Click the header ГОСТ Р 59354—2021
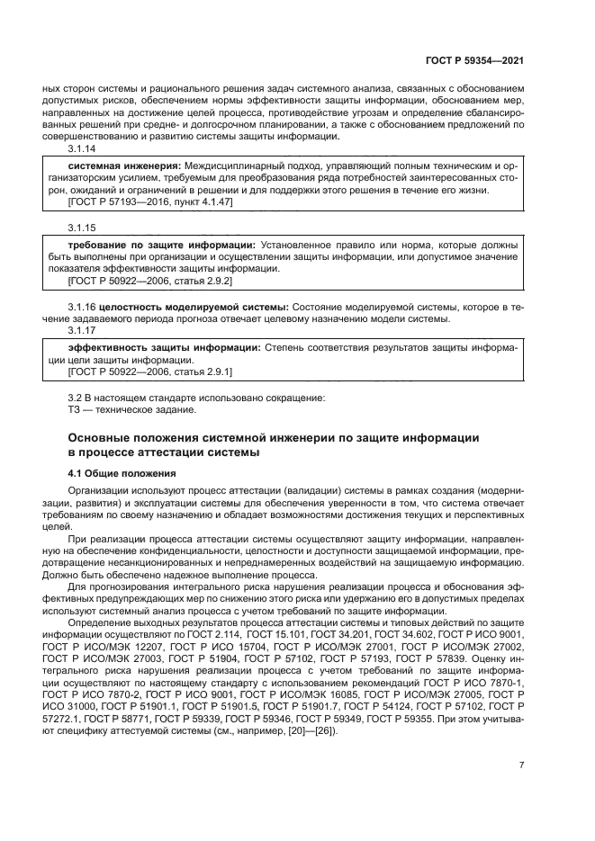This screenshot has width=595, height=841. (475, 61)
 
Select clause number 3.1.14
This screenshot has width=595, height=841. (84, 150)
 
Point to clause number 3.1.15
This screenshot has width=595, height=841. (84, 228)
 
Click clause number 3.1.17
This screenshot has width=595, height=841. (84, 330)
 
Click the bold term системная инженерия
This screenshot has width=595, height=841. (120, 167)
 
